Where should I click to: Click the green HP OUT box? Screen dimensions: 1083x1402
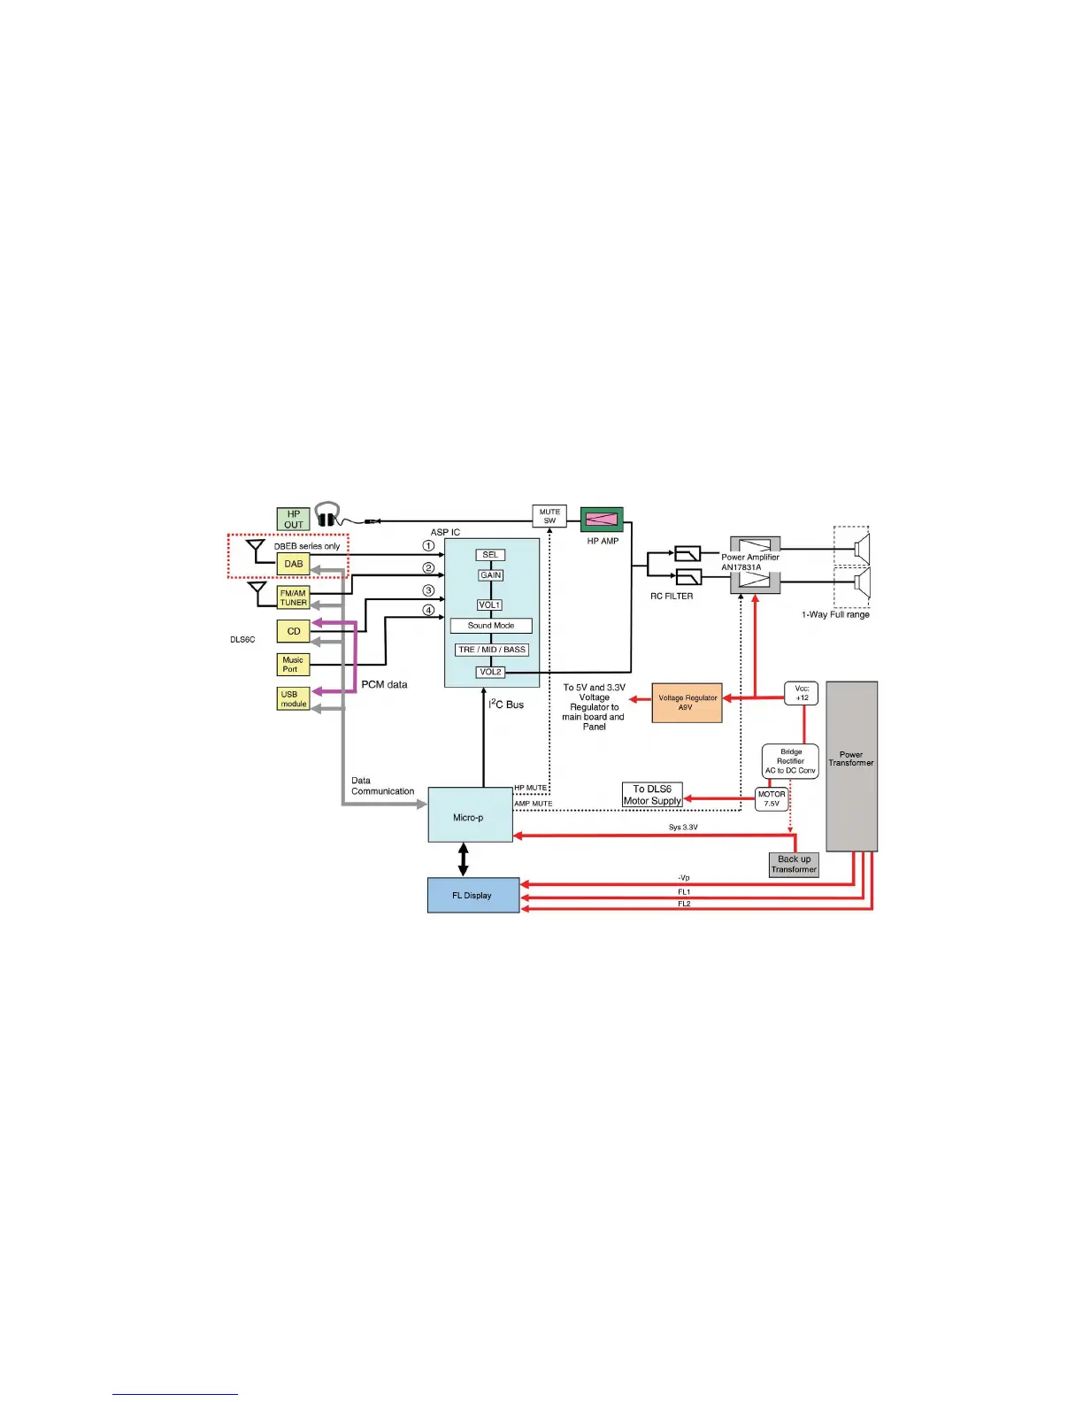(293, 519)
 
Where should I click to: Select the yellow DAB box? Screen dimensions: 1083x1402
(293, 564)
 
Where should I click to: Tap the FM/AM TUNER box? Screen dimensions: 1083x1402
(293, 598)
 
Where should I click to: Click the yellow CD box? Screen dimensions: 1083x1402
(293, 631)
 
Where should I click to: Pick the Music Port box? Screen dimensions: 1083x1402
(293, 665)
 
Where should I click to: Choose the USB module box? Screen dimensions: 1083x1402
(293, 699)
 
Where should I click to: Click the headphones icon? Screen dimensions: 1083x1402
(328, 515)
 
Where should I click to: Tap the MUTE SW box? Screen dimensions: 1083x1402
(549, 516)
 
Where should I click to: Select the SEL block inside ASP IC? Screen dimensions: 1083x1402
(490, 555)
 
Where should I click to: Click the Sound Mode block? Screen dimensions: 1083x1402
(491, 626)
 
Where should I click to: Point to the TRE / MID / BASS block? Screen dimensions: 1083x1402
(492, 650)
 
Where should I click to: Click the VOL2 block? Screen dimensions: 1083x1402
(490, 673)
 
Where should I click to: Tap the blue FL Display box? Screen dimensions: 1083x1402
(473, 895)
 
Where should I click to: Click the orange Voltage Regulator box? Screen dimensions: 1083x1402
(687, 703)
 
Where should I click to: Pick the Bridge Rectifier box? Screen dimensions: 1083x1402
(790, 761)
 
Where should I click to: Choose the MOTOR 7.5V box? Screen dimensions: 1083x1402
(772, 799)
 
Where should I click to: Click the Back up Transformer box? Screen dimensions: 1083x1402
(794, 865)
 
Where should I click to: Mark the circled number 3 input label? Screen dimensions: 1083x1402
(428, 590)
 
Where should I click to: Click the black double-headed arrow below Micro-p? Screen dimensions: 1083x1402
(463, 859)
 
